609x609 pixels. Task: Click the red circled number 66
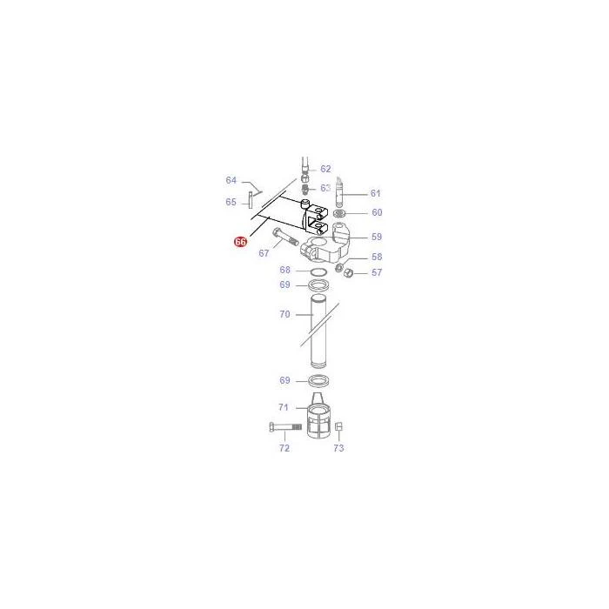240,242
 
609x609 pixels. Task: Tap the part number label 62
325,169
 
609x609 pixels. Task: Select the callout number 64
231,180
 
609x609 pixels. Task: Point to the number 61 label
376,193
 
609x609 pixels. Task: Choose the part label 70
284,314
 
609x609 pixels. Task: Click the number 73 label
338,448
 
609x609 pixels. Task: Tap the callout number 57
377,272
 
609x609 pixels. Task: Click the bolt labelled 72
285,427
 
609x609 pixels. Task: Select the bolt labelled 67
284,237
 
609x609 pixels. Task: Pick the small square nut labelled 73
338,427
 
